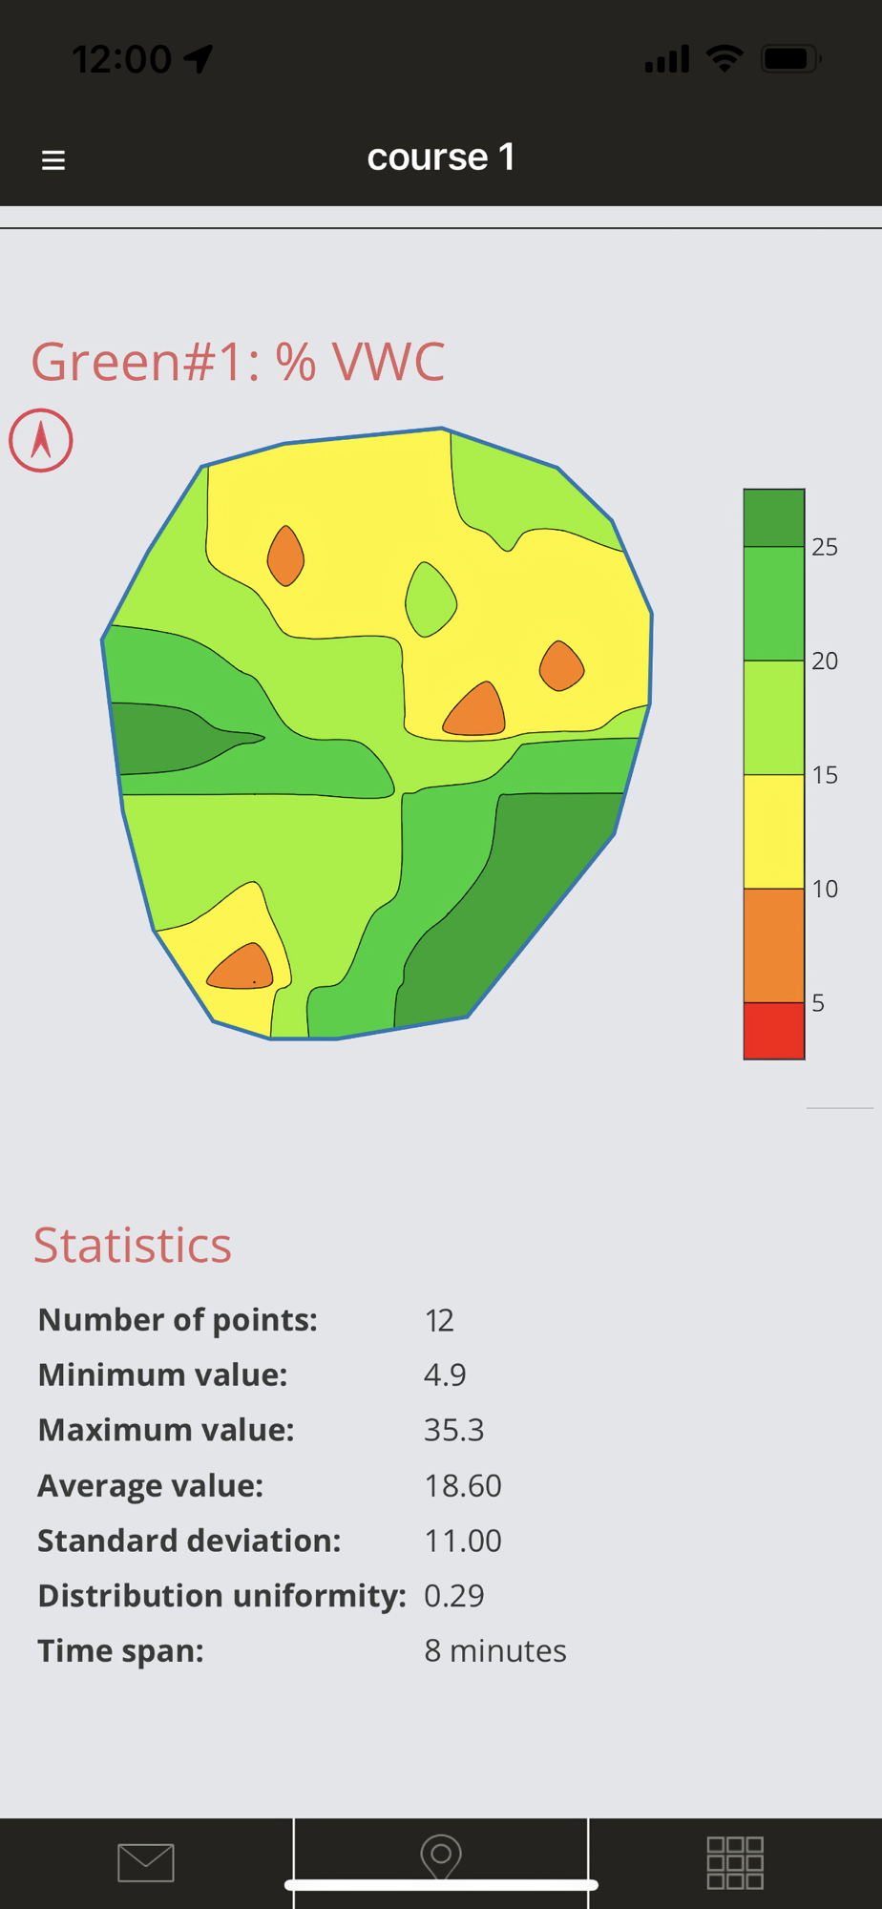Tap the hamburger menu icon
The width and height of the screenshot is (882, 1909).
(53, 159)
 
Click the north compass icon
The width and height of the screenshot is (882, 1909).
(41, 441)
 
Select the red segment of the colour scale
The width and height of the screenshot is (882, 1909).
(773, 1030)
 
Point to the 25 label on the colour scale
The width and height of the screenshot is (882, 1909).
(825, 547)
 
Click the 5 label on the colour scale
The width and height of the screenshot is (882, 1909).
(818, 1003)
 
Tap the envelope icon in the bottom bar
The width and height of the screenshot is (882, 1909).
(146, 1862)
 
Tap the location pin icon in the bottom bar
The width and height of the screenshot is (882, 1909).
(441, 1857)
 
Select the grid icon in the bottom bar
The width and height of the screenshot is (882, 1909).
(734, 1862)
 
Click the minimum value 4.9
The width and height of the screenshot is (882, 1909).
(445, 1374)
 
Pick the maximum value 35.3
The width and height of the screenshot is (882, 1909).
(454, 1430)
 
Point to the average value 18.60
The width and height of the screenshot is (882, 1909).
(463, 1485)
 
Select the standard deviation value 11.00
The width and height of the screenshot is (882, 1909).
(463, 1541)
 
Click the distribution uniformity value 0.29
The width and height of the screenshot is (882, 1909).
(454, 1596)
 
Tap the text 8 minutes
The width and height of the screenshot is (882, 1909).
(495, 1651)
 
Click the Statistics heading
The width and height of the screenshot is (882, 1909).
(133, 1245)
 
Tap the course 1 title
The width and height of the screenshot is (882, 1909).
(441, 157)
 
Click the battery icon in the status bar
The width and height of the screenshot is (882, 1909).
(789, 59)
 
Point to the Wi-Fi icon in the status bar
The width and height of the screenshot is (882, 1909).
(724, 59)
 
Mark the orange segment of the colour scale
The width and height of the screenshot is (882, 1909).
(773, 945)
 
